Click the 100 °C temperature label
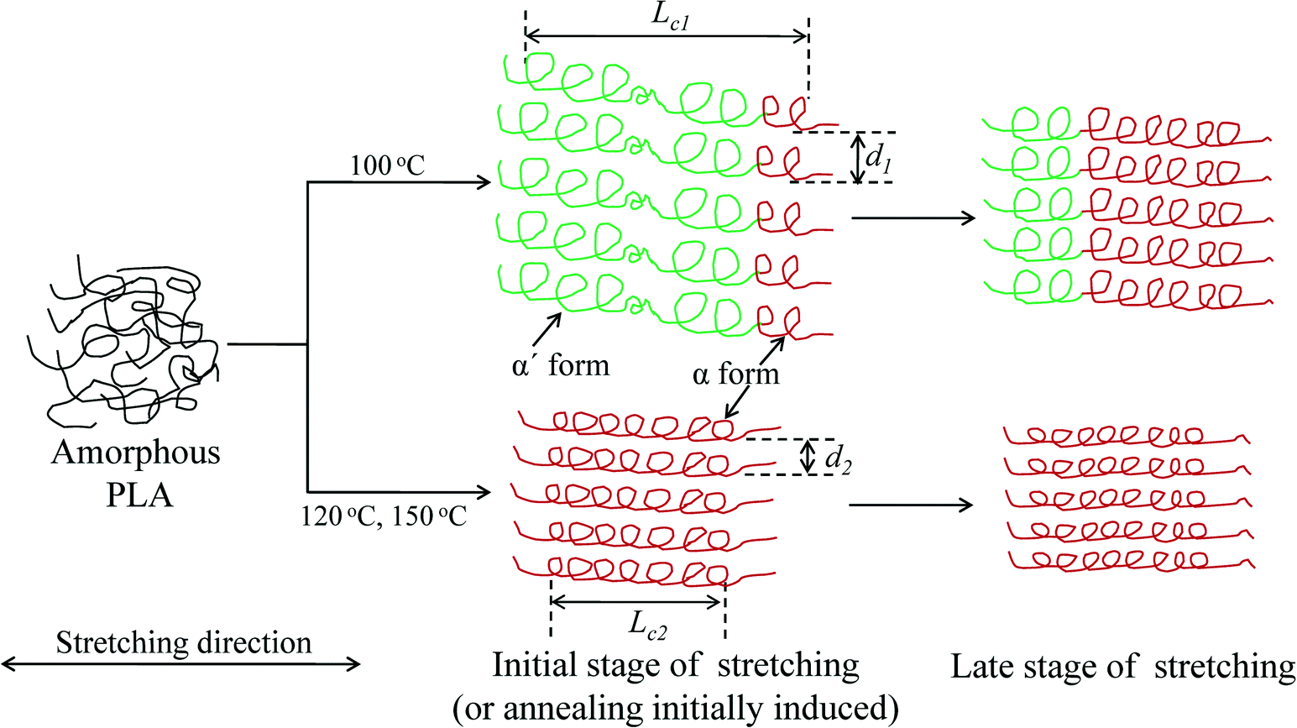pos(387,165)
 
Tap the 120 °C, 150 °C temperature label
pos(384,515)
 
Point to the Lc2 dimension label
pos(648,624)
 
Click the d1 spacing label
pos(878,158)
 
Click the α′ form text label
pos(560,365)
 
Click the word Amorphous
pos(136,453)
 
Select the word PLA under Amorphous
pos(139,495)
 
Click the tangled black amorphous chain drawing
pos(126,344)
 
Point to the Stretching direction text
pos(183,642)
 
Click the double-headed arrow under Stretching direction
pos(180,664)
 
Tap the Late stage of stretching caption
pos(1122,667)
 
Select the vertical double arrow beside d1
pos(855,158)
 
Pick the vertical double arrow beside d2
pos(807,457)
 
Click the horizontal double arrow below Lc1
pos(667,36)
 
